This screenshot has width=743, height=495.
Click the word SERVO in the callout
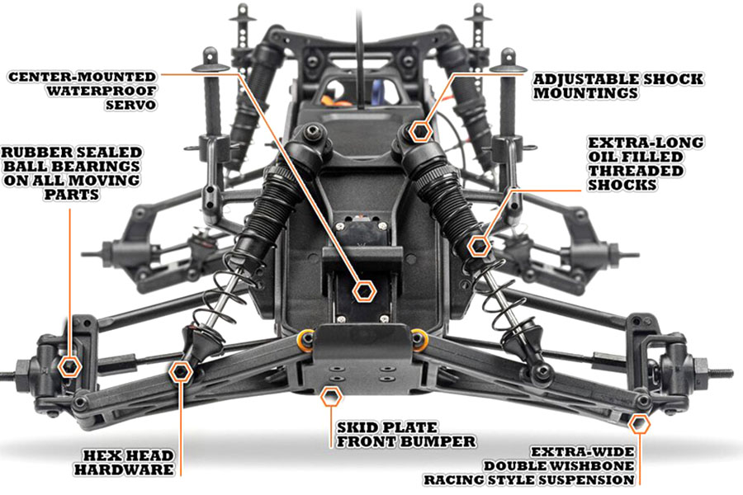click(x=130, y=104)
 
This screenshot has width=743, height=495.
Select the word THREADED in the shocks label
click(x=636, y=171)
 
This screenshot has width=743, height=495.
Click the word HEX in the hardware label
click(x=100, y=455)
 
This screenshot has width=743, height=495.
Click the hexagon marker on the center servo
click(x=364, y=291)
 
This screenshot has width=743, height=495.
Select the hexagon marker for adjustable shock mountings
click(x=420, y=131)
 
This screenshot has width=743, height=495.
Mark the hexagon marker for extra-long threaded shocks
click(x=479, y=247)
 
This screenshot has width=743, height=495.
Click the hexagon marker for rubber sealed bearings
click(x=70, y=366)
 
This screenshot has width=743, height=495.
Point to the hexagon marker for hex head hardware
click(x=181, y=372)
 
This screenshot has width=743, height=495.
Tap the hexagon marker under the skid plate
click(x=331, y=397)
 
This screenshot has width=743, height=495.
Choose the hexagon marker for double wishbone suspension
click(x=639, y=424)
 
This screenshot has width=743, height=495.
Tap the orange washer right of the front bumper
click(x=419, y=340)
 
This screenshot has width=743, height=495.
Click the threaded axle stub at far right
click(x=721, y=371)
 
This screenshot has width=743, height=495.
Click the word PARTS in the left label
click(x=71, y=194)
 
